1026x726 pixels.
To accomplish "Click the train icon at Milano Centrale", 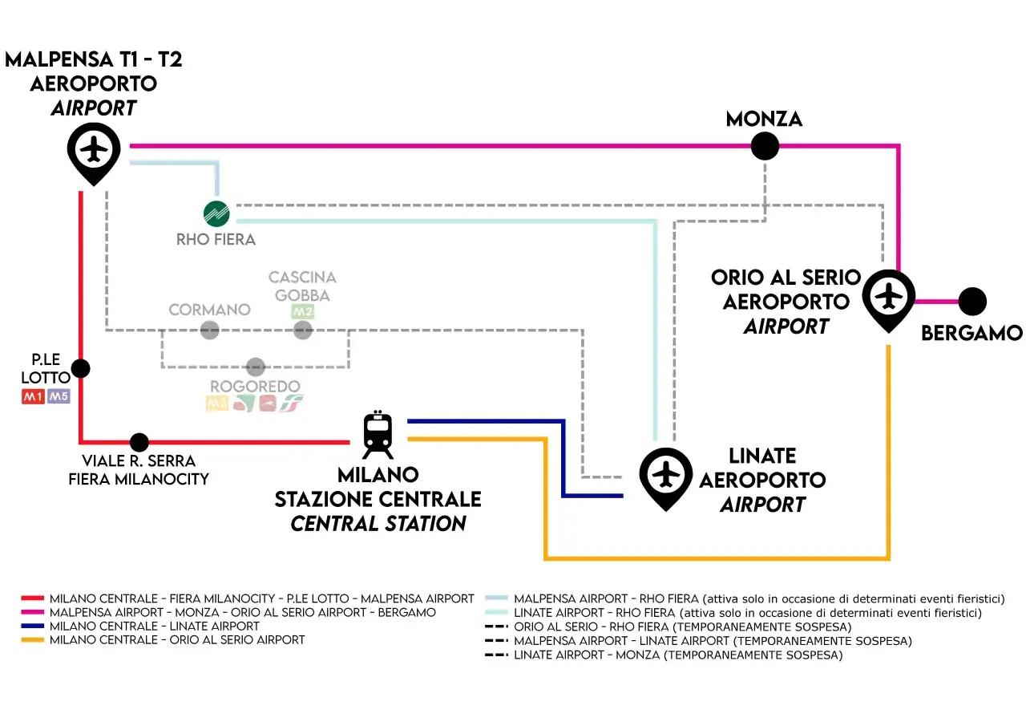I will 378,435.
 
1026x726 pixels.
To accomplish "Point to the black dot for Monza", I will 765,146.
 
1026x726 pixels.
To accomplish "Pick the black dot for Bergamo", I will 972,302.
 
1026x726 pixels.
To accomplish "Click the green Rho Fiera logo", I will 216,213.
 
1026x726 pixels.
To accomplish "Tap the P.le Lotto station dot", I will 80,368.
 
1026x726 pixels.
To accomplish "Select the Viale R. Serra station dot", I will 139,442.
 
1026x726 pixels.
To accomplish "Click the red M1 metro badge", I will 33,396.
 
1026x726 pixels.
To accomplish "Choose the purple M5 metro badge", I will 59,396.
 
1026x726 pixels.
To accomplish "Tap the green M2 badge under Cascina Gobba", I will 302,311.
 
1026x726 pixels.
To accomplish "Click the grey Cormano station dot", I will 209,330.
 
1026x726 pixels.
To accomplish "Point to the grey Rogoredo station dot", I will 255,367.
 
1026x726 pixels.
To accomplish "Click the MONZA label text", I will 764,120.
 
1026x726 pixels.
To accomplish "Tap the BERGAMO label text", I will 971,333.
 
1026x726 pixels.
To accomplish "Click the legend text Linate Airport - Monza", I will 677,655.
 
